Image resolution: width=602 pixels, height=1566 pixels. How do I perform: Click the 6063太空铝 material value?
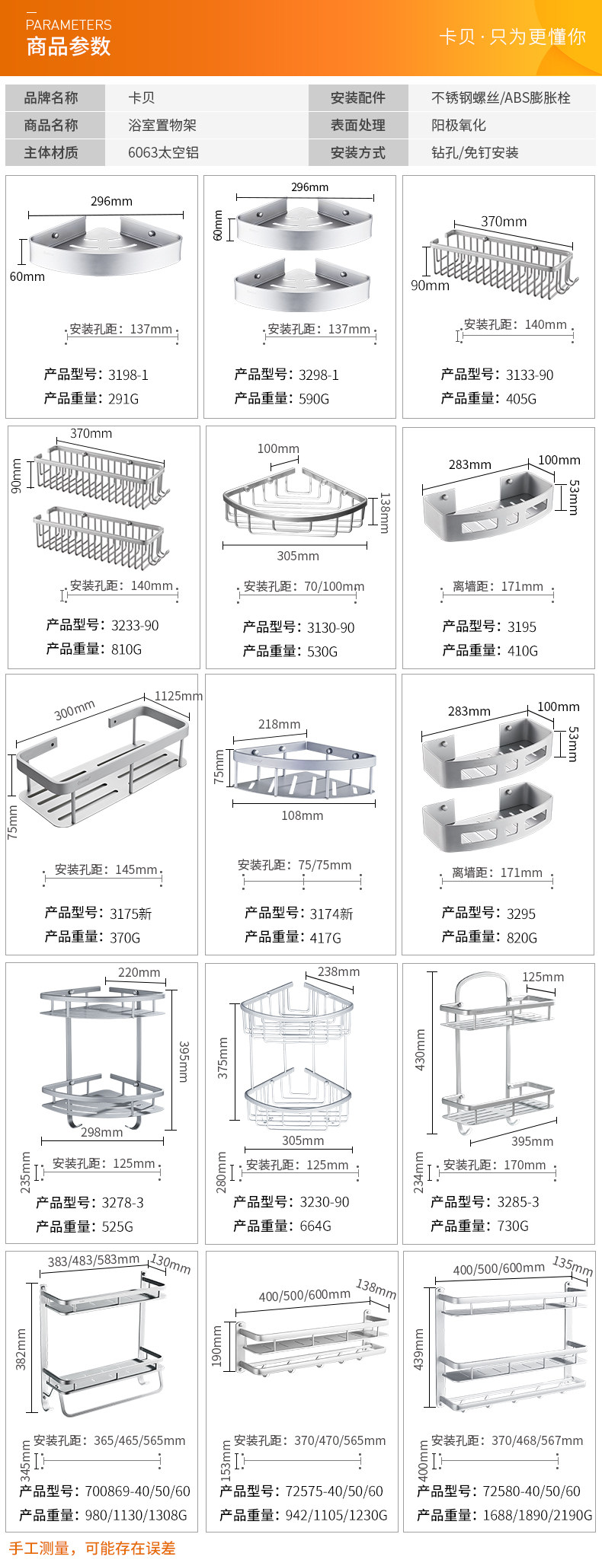click(163, 152)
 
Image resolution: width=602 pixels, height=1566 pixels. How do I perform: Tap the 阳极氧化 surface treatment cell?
click(458, 125)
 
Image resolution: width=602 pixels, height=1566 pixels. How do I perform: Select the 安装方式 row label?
click(357, 152)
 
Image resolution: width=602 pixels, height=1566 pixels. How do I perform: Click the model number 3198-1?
click(128, 375)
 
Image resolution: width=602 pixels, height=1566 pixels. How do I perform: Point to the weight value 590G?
click(314, 398)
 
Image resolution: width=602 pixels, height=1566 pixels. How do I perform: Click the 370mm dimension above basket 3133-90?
click(503, 222)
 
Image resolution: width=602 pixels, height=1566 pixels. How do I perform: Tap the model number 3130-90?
click(331, 627)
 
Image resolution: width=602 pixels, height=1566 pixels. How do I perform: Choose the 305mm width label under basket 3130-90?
click(298, 556)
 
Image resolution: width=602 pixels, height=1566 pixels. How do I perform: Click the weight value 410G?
click(522, 650)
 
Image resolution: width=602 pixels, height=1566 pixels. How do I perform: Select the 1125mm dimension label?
click(178, 696)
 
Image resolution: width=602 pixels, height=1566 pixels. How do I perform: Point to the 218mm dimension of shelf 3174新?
click(279, 724)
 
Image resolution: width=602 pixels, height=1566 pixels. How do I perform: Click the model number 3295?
click(521, 914)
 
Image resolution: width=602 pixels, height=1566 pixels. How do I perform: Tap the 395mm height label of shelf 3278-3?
click(184, 1061)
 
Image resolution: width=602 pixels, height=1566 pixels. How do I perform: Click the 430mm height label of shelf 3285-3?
click(420, 1050)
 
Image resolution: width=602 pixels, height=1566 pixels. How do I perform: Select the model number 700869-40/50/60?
click(138, 1491)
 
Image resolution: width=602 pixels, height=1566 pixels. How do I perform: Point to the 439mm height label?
click(418, 1349)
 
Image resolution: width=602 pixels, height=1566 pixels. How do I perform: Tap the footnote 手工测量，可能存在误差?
click(92, 1548)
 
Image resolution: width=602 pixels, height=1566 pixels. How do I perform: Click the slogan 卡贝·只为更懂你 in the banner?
click(512, 37)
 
